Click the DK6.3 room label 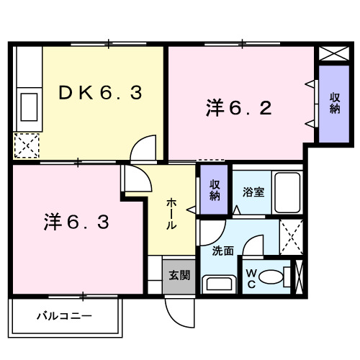click(x=100, y=92)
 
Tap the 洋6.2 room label click(x=239, y=109)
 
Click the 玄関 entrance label click(x=179, y=274)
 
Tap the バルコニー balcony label click(x=64, y=315)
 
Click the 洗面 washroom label click(x=222, y=251)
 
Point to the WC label click(x=251, y=277)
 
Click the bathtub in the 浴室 click(x=288, y=192)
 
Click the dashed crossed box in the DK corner click(x=27, y=145)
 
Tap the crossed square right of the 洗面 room click(x=292, y=236)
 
